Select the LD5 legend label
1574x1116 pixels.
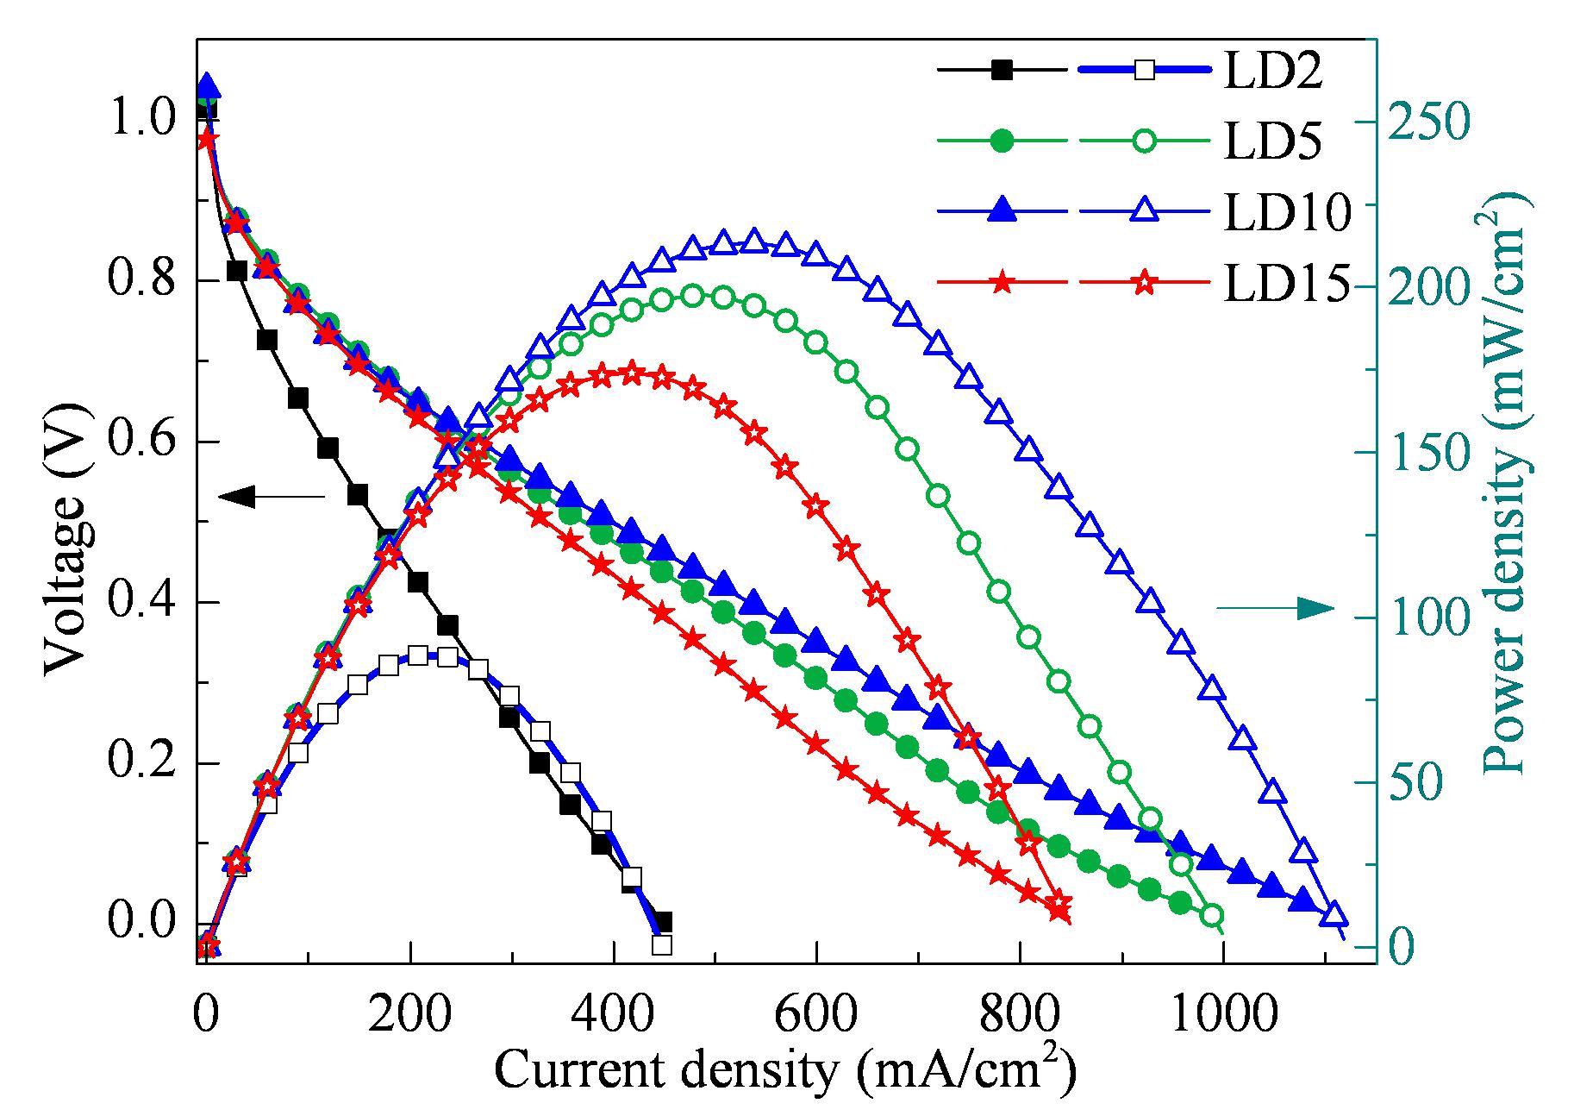(x=1271, y=141)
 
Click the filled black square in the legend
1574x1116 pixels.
(x=1002, y=71)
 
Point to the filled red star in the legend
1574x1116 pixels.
(x=1002, y=282)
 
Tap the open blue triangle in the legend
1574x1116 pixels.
(x=1144, y=210)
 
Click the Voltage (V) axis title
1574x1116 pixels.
(x=66, y=535)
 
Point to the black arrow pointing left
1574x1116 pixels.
(x=272, y=496)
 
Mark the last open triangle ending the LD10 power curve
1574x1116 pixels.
(x=1334, y=913)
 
